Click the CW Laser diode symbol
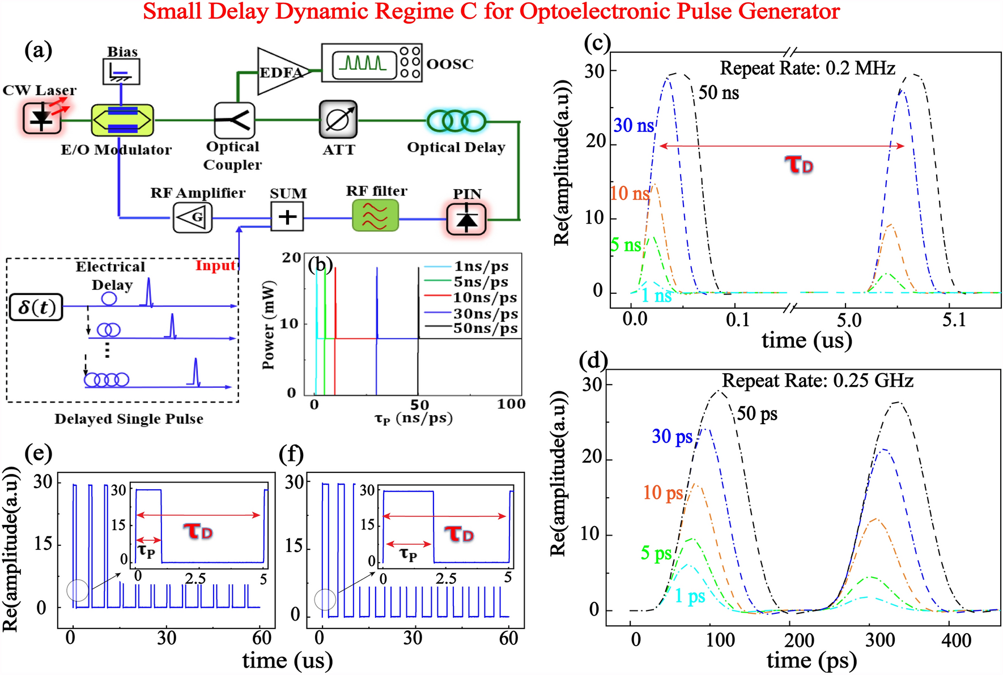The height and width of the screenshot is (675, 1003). coord(41,119)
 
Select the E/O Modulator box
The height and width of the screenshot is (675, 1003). coord(122,120)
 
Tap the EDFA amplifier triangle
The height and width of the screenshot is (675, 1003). coord(281,71)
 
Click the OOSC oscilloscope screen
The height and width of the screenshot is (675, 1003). coord(363,63)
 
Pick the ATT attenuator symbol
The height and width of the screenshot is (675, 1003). coord(338,119)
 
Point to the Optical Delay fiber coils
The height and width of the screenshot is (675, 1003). coord(456,121)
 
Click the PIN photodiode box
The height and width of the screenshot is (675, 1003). coord(466,219)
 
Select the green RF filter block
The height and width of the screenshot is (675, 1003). coord(375,216)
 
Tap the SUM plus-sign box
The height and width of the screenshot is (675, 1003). coord(287,217)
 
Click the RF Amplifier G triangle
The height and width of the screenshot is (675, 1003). coord(193,217)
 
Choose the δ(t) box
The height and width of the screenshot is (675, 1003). coord(36,306)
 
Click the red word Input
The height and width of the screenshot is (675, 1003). coord(215,266)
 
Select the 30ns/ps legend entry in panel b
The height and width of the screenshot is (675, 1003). coord(485,314)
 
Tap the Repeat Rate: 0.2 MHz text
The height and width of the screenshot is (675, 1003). coord(807,69)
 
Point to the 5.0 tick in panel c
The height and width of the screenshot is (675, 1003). coord(849,321)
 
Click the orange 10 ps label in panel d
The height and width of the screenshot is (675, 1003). coord(663,493)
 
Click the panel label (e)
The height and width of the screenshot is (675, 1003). coord(39,453)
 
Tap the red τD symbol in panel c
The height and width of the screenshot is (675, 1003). coord(799,165)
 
